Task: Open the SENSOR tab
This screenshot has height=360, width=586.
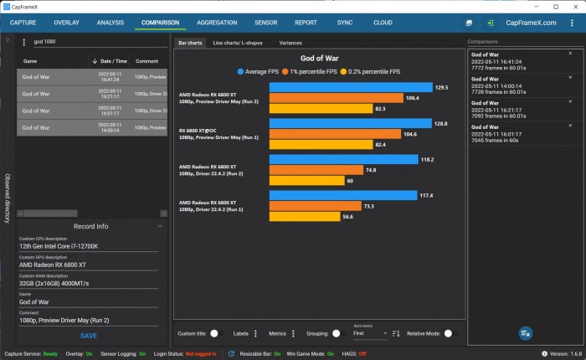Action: [x=266, y=23]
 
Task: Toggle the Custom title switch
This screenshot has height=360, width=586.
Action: [x=215, y=333]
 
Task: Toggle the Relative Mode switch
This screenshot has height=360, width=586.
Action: [x=449, y=333]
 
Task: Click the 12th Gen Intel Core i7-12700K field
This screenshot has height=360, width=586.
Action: [x=88, y=246]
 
